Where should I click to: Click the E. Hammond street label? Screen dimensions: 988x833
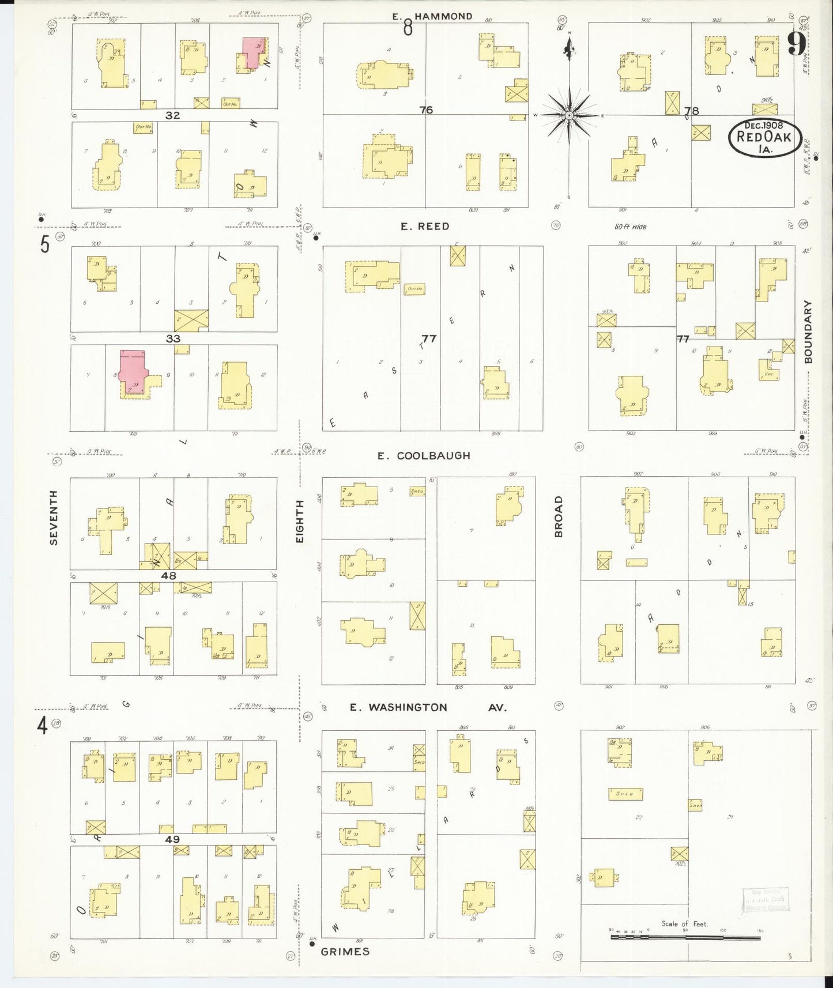pyautogui.click(x=432, y=17)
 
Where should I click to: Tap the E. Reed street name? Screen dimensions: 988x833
pyautogui.click(x=425, y=227)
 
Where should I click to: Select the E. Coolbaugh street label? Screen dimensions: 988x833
pyautogui.click(x=424, y=455)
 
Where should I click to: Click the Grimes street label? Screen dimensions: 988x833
pyautogui.click(x=345, y=951)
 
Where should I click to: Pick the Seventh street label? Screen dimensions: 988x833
pyautogui.click(x=54, y=517)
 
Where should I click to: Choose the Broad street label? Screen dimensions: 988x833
pyautogui.click(x=558, y=516)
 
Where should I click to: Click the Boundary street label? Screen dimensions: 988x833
pyautogui.click(x=808, y=331)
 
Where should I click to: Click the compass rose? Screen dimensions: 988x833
pyautogui.click(x=569, y=115)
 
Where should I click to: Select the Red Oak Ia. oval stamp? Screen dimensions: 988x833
pyautogui.click(x=765, y=138)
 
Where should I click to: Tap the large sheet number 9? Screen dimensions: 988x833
pyautogui.click(x=797, y=43)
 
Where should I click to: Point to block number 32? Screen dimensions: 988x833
pyautogui.click(x=172, y=115)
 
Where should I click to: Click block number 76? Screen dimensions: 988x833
pyautogui.click(x=426, y=110)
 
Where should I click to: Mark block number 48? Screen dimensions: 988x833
pyautogui.click(x=168, y=575)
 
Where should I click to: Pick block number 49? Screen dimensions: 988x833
pyautogui.click(x=172, y=839)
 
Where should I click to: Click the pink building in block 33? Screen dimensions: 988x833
pyautogui.click(x=134, y=369)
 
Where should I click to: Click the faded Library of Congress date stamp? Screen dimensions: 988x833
pyautogui.click(x=766, y=899)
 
